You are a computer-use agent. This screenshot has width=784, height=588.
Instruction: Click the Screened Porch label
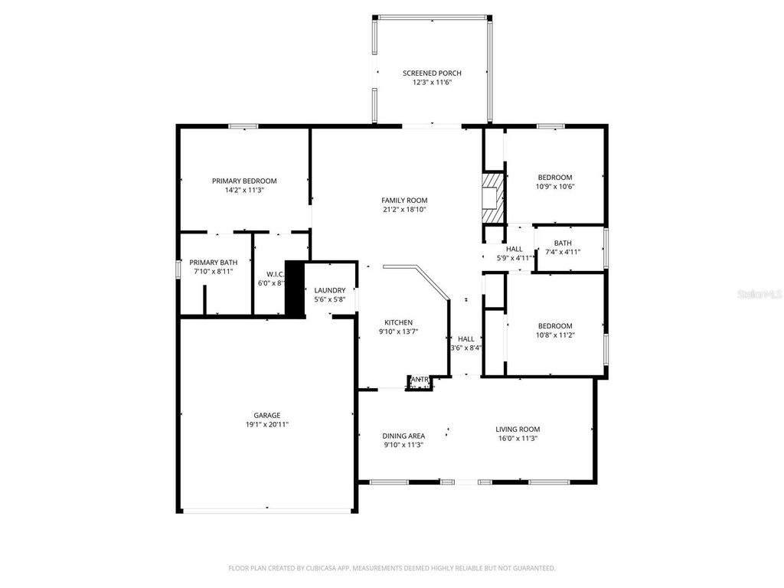tap(432, 73)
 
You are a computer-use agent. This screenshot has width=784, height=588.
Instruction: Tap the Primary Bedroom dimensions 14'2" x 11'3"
tap(244, 191)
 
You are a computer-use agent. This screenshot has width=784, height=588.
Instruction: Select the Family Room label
tap(403, 200)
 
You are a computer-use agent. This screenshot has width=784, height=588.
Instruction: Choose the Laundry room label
tap(329, 290)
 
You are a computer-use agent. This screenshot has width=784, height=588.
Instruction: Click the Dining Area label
tap(403, 436)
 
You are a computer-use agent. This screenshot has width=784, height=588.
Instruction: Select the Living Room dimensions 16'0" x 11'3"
tap(518, 439)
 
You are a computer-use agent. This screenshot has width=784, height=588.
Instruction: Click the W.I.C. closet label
tap(276, 273)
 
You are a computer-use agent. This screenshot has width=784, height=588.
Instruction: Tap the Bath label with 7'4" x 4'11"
tap(563, 243)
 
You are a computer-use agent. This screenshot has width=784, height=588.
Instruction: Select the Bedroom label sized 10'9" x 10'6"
tap(554, 178)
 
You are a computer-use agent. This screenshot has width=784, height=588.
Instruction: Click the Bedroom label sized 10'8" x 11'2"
tap(554, 325)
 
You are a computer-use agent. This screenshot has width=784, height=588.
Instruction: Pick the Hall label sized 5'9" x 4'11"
tap(514, 249)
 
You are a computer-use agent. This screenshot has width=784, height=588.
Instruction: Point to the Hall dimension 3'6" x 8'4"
tap(465, 348)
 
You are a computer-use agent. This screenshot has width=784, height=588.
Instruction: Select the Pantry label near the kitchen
tap(419, 379)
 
